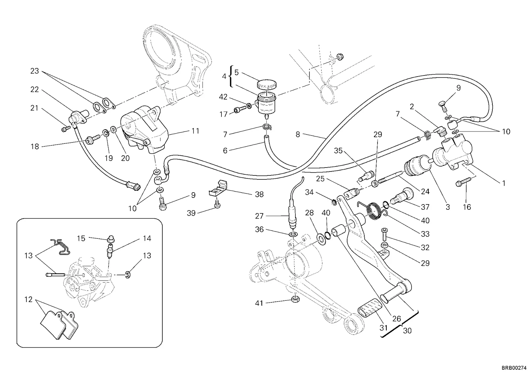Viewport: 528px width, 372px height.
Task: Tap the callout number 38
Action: tap(259, 194)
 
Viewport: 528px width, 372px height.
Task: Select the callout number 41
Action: tap(259, 303)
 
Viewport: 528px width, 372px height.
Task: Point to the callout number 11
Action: tap(195, 131)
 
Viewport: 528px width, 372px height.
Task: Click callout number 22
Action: tap(34, 89)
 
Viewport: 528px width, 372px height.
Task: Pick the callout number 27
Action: tap(259, 216)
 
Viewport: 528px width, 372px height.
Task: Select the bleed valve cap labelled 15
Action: tap(110, 239)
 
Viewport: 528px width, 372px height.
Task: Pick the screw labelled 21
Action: tap(66, 129)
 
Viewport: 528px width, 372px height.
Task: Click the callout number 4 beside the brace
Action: tap(224, 76)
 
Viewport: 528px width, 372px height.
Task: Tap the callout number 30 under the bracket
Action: tap(407, 331)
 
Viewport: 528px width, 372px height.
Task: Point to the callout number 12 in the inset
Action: tap(28, 299)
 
